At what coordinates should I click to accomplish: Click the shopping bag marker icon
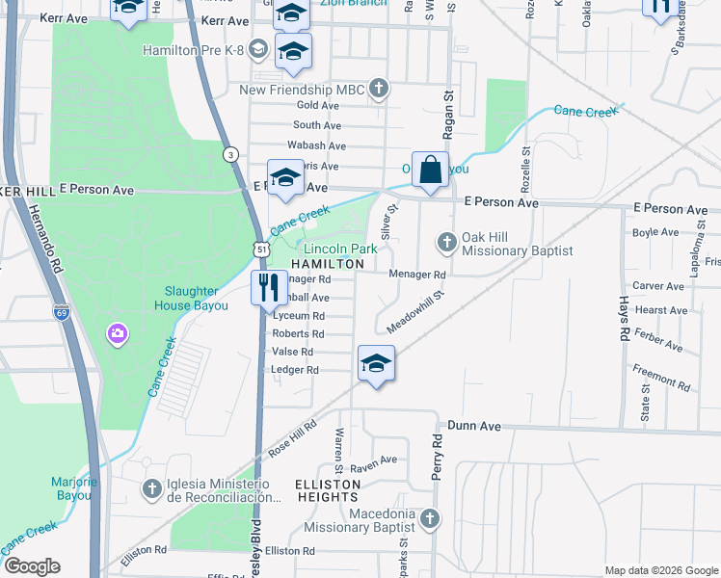pos(430,170)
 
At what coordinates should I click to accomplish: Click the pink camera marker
pos(118,333)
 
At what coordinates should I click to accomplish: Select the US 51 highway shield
pos(260,249)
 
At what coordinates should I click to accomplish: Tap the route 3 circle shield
pos(230,154)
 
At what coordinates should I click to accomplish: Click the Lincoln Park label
pos(340,249)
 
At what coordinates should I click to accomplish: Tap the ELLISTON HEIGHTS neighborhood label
pos(328,490)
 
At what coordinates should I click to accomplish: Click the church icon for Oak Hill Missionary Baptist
pos(446,241)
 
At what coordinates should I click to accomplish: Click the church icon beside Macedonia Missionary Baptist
pos(430,519)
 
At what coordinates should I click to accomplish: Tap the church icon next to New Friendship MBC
pos(380,90)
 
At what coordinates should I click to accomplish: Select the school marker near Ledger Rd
pos(375,363)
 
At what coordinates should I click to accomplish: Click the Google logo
pos(32,566)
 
